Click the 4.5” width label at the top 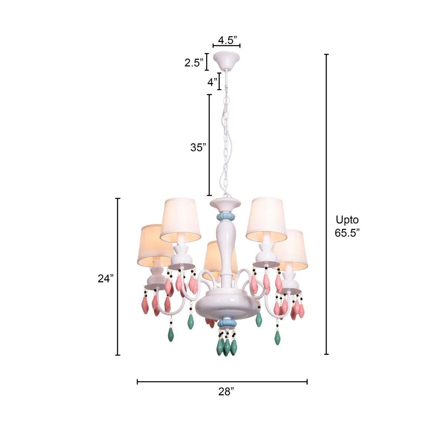tap(227, 40)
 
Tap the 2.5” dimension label tap(194, 63)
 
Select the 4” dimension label tap(212, 82)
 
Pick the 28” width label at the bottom tap(226, 392)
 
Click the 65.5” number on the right tap(347, 233)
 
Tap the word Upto tap(347, 220)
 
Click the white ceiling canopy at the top tap(226, 59)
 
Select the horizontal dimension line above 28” tap(222, 382)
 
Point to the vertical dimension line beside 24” tap(118, 277)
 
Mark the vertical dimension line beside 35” tap(210, 145)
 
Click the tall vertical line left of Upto tap(327, 204)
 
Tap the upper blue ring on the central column tap(225, 215)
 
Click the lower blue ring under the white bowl tap(226, 323)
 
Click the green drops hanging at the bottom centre tap(227, 347)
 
